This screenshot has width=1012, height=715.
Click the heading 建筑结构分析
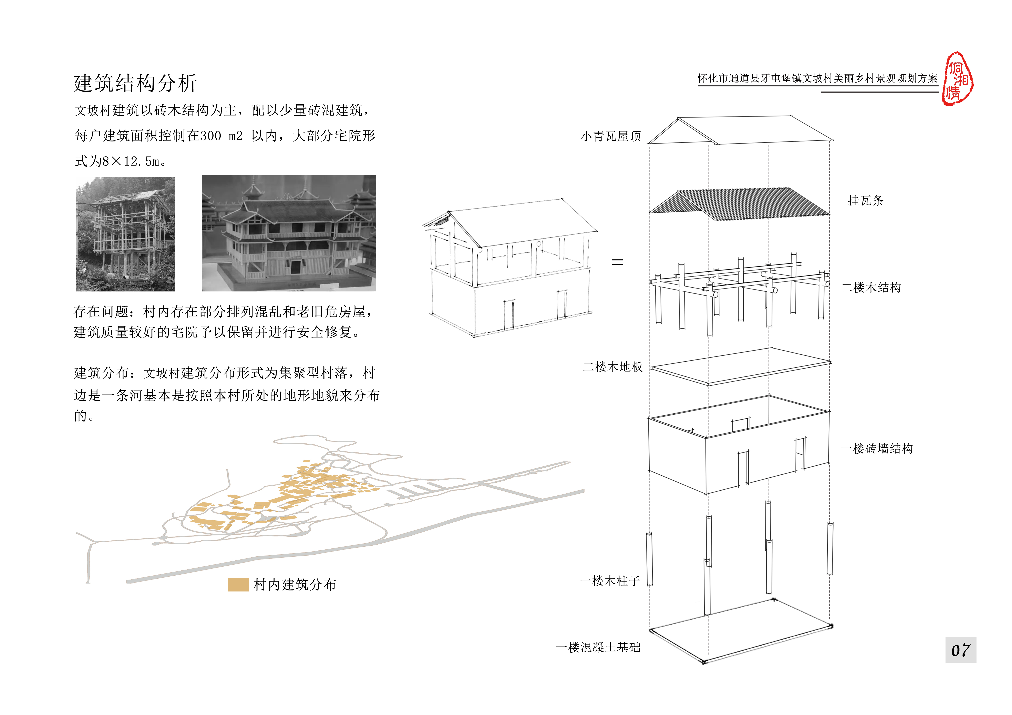pos(135,83)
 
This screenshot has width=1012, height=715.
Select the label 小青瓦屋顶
pos(611,136)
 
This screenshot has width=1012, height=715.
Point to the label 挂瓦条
pos(865,201)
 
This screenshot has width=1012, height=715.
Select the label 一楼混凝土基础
pos(598,647)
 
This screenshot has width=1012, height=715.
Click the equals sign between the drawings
pos(617,263)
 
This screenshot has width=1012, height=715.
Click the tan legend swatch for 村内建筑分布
pos(238,585)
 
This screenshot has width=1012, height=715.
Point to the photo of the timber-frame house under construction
pos(126,234)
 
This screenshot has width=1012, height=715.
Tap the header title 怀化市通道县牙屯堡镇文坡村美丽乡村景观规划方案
pos(818,78)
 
